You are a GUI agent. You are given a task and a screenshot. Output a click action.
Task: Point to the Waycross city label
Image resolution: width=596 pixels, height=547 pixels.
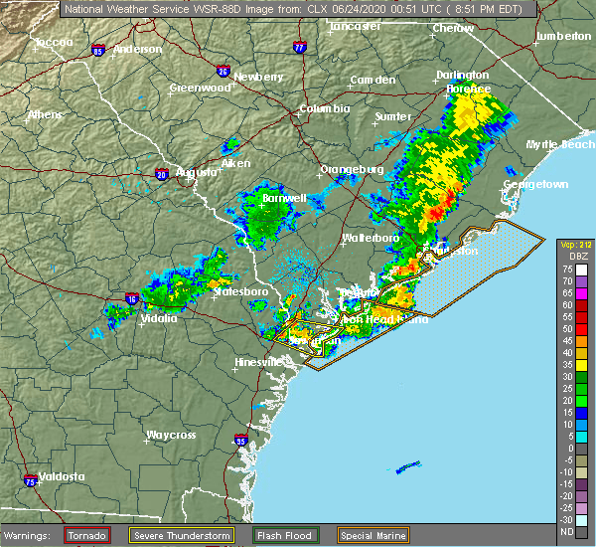pyautogui.click(x=169, y=435)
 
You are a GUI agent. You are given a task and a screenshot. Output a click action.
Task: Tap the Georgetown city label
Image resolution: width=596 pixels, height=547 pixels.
pyautogui.click(x=535, y=185)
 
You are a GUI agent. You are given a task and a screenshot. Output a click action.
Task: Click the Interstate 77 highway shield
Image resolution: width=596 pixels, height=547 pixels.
pyautogui.click(x=301, y=46)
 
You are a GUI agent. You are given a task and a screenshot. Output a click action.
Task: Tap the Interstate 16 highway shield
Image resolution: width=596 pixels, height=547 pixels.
pyautogui.click(x=132, y=298)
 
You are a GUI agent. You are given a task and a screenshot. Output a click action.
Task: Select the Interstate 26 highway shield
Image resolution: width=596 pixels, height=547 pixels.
pyautogui.click(x=223, y=72)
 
